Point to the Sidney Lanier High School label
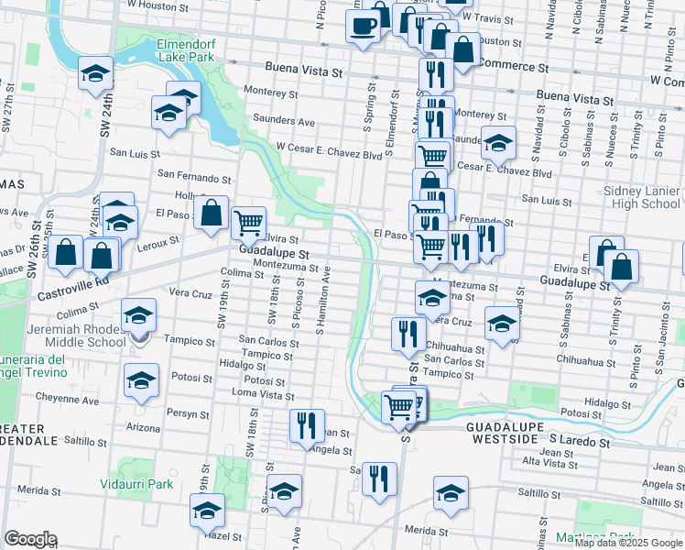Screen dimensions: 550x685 [x=642, y=196]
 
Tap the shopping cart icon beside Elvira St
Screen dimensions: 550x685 [x=249, y=222]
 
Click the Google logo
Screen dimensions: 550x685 [x=30, y=539]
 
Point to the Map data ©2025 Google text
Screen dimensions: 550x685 [x=628, y=543]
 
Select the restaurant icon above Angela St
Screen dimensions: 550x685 [x=306, y=424]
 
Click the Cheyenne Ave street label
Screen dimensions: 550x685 [x=67, y=400]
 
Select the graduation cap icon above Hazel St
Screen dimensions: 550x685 [x=208, y=510]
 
